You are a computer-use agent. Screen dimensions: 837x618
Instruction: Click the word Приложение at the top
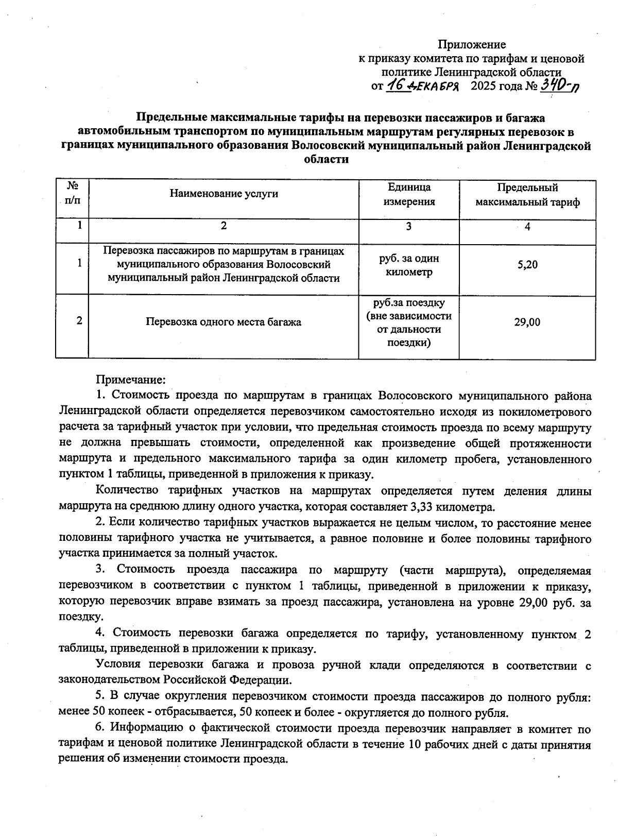(x=472, y=45)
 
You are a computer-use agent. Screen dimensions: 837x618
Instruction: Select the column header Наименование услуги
(x=224, y=194)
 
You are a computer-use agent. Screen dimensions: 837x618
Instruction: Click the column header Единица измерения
(x=409, y=194)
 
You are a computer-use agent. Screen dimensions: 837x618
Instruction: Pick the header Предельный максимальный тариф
(x=527, y=194)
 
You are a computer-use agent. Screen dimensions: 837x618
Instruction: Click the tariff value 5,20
(x=527, y=265)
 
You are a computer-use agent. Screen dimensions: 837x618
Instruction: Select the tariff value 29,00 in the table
(x=527, y=322)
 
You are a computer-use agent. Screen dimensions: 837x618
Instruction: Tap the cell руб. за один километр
(x=409, y=265)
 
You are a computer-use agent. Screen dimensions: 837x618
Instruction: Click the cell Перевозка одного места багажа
(x=224, y=322)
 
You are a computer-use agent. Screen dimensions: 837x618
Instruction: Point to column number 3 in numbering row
(x=409, y=226)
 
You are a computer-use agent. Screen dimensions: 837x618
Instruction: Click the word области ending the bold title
(x=327, y=159)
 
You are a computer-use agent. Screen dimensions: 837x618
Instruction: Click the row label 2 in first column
(x=79, y=320)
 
